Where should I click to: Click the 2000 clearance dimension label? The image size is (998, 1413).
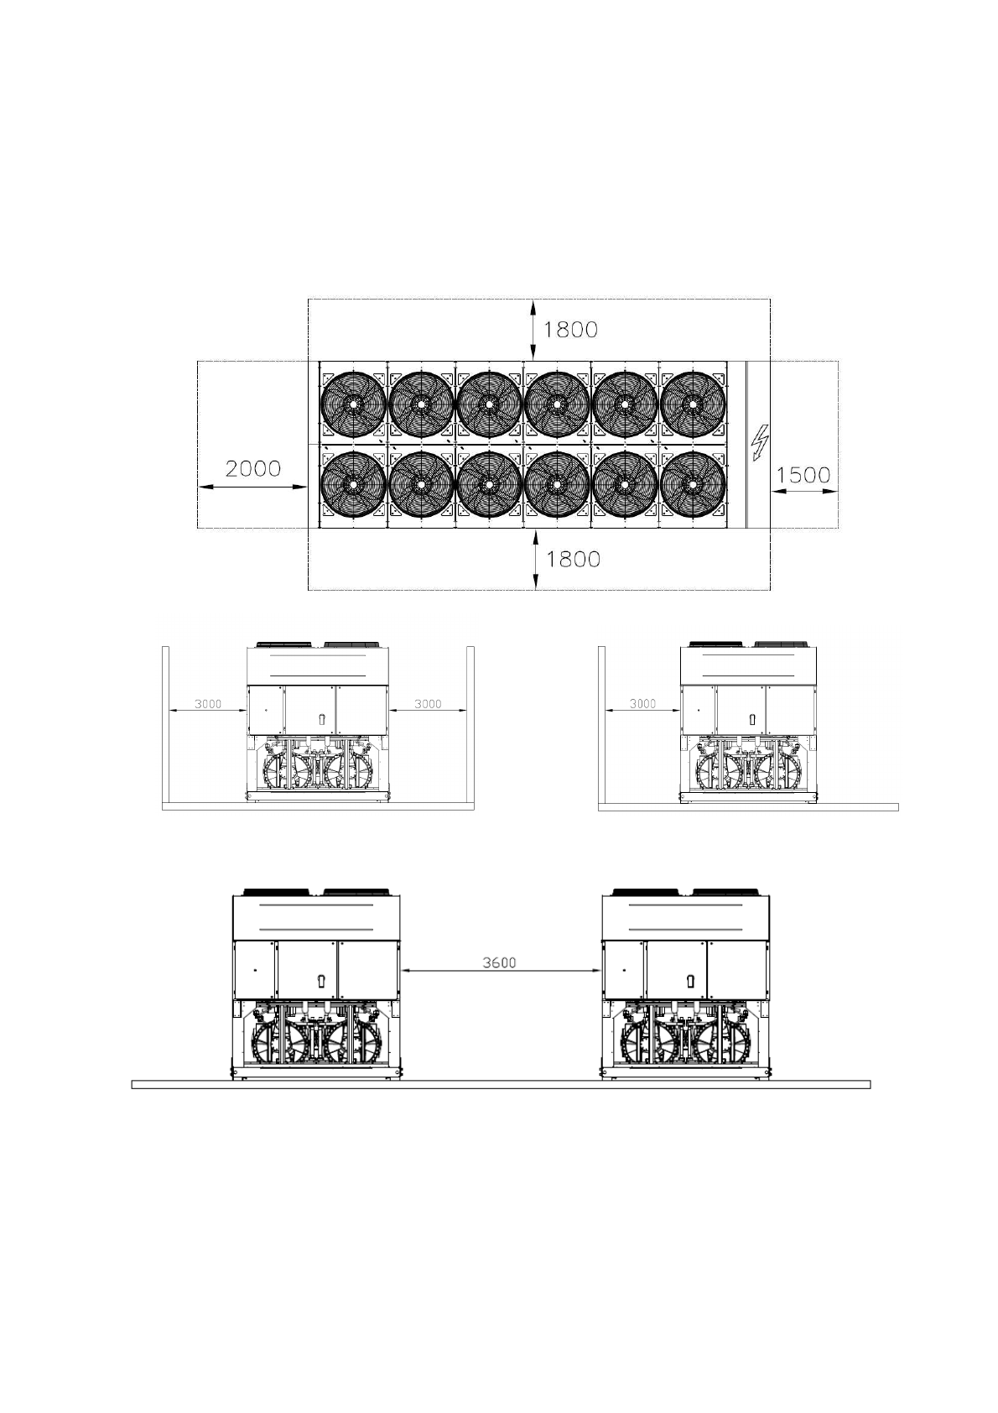[252, 469]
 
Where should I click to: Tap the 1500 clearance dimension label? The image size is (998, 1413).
[803, 475]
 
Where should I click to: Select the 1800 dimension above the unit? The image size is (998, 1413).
[570, 329]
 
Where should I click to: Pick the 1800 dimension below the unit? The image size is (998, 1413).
[573, 560]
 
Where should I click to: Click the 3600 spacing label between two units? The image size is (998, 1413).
[499, 962]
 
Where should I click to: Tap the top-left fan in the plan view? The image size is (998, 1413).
[353, 404]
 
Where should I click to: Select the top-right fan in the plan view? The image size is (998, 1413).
[693, 404]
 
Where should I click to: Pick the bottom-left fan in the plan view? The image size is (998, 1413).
[353, 484]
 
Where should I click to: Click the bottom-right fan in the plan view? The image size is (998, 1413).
[693, 484]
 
